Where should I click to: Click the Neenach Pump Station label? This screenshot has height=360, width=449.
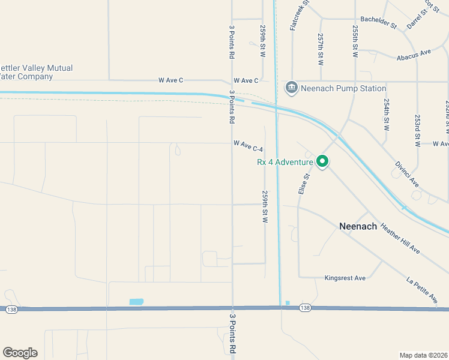click(343, 88)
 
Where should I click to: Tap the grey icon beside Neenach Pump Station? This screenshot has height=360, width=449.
click(292, 88)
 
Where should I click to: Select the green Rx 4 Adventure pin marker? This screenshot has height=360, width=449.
click(322, 161)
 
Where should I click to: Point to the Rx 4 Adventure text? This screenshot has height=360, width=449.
click(285, 162)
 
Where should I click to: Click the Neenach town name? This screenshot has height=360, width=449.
click(358, 226)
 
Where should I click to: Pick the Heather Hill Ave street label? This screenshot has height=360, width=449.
click(400, 240)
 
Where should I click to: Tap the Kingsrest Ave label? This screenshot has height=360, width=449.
click(345, 278)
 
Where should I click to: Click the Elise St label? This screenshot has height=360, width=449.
click(303, 184)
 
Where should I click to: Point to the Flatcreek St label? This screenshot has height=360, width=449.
click(298, 16)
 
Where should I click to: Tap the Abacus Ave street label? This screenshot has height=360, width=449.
click(414, 55)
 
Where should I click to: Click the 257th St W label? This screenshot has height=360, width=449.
click(321, 49)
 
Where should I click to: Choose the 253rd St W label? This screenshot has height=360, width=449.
click(417, 130)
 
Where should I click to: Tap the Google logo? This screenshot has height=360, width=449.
click(20, 353)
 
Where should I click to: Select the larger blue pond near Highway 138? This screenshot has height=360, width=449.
click(136, 301)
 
